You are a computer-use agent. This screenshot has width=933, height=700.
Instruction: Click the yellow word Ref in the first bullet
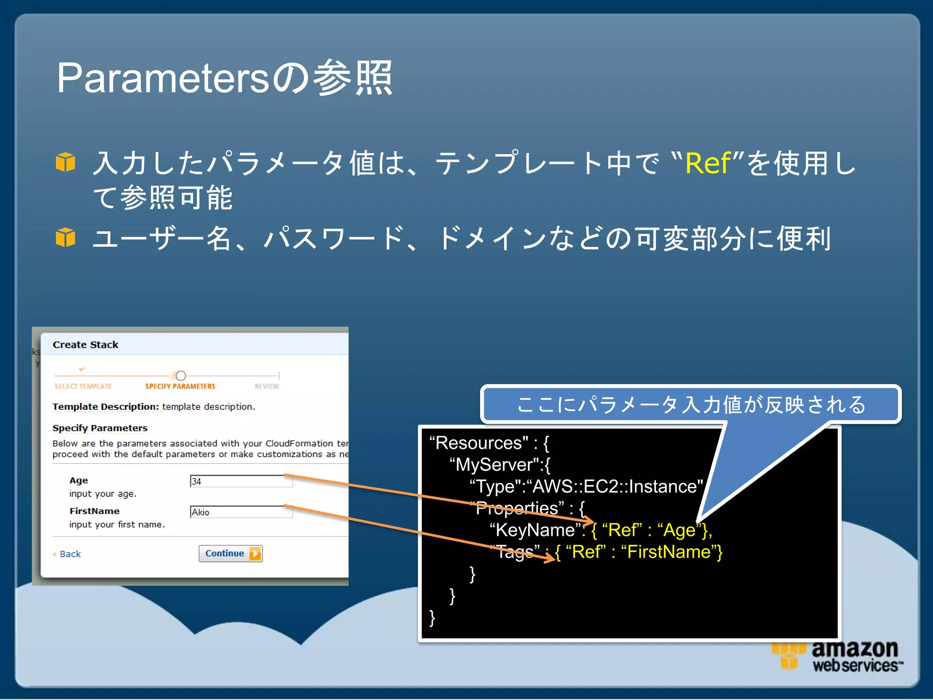[x=707, y=163]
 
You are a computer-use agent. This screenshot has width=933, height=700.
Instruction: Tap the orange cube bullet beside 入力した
[x=66, y=162]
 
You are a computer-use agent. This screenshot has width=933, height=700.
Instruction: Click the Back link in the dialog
[x=69, y=554]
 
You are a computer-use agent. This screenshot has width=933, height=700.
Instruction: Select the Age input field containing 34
[x=241, y=481]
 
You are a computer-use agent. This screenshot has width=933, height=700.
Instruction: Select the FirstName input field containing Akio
[x=241, y=512]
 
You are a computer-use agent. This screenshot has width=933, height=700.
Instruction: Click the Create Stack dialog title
[x=86, y=345]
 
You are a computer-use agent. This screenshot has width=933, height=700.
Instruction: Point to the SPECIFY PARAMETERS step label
[x=180, y=386]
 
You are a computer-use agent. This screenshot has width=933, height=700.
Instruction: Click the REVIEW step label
[x=267, y=386]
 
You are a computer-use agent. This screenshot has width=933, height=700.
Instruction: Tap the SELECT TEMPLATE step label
[x=83, y=386]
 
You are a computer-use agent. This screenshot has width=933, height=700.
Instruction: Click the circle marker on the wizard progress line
[x=181, y=376]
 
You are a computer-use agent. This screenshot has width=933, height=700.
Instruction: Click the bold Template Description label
[x=105, y=407]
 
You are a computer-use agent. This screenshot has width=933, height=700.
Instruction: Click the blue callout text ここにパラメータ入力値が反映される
[x=691, y=405]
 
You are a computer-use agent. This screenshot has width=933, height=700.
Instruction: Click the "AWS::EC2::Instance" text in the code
[x=615, y=486]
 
